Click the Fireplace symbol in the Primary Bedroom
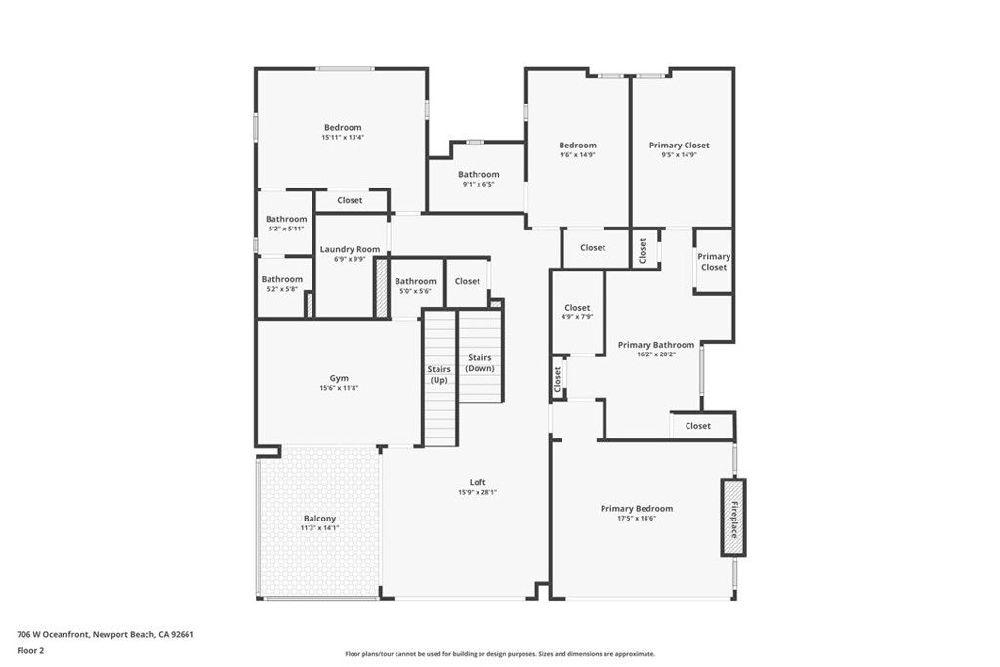(733, 518)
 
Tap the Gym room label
(339, 379)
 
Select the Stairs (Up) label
(439, 374)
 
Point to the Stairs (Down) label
(479, 363)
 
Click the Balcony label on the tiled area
(319, 519)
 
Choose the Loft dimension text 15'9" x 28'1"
(478, 493)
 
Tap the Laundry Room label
(350, 250)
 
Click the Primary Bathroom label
(655, 345)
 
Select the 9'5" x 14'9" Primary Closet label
(679, 154)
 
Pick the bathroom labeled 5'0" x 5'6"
(415, 286)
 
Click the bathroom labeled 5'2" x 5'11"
(286, 224)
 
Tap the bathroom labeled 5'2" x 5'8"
(282, 284)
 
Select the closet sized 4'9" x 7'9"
(577, 313)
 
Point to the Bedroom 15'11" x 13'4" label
(343, 132)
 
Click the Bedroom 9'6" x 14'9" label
(577, 149)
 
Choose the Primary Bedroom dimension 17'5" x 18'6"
(637, 519)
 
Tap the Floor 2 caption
(31, 649)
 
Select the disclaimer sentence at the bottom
(499, 654)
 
